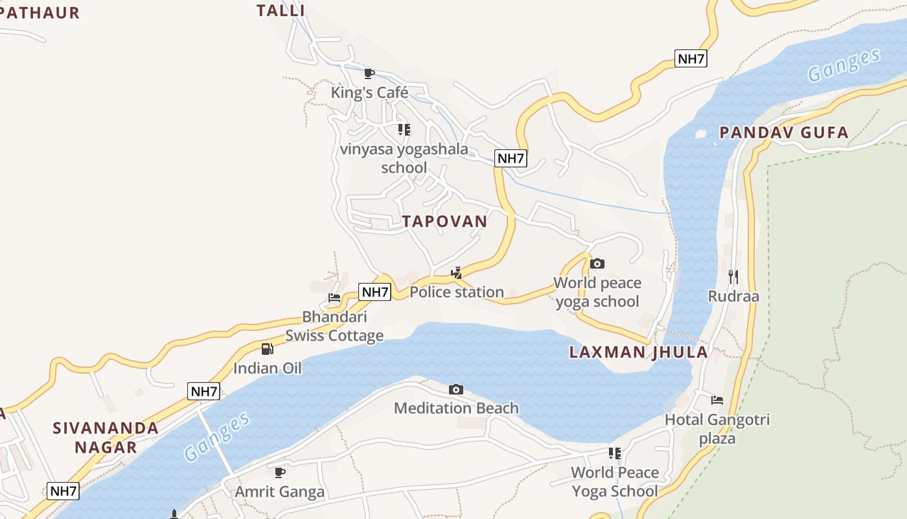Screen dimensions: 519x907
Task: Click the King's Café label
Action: [x=369, y=93]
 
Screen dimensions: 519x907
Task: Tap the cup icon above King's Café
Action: [x=369, y=73]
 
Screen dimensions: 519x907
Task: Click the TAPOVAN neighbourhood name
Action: [x=444, y=221]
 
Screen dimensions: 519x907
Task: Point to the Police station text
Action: [x=457, y=292]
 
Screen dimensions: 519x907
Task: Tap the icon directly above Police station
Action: [x=457, y=273]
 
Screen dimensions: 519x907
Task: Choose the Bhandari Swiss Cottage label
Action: [x=334, y=326]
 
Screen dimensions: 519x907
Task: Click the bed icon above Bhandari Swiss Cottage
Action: [x=334, y=298]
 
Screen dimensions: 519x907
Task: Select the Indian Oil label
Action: [x=268, y=368]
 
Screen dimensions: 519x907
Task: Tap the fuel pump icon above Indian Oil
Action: [x=268, y=349]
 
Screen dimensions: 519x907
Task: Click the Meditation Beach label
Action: [x=456, y=408]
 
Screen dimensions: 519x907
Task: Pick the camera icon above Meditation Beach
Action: [x=456, y=389]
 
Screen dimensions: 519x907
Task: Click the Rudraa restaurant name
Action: [x=733, y=296]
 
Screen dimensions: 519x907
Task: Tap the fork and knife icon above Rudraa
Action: [x=733, y=277]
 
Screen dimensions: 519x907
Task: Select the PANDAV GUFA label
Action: [x=784, y=133]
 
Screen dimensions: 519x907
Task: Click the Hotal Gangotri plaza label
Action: [x=717, y=429]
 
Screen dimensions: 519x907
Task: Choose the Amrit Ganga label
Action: [x=280, y=492]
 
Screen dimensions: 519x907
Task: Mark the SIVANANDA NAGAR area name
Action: [x=106, y=437]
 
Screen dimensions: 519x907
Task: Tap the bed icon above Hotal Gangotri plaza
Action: [x=717, y=400]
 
